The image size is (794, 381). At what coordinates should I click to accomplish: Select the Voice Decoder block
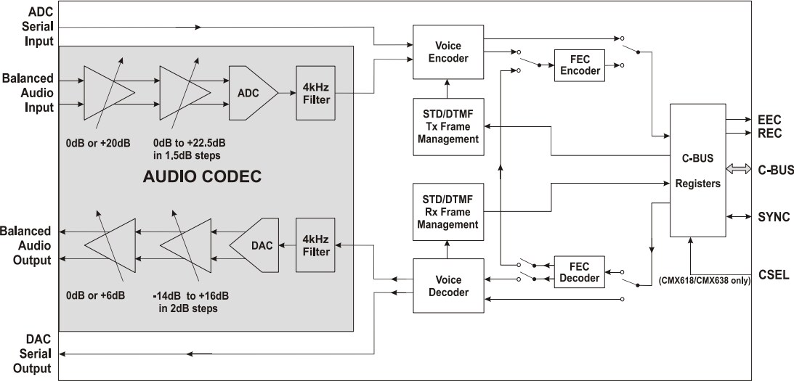pyautogui.click(x=447, y=285)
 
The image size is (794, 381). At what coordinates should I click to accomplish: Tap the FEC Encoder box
pyautogui.click(x=580, y=64)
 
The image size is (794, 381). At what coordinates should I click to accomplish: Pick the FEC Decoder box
pyautogui.click(x=580, y=271)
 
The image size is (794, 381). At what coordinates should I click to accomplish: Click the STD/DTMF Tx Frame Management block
pyautogui.click(x=447, y=126)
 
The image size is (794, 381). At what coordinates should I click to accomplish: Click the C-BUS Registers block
pyautogui.click(x=696, y=170)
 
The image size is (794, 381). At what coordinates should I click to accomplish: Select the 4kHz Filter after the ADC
pyautogui.click(x=314, y=94)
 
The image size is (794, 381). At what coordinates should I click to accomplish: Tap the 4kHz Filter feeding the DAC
pyautogui.click(x=314, y=245)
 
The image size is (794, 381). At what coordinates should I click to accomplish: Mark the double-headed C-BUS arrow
pyautogui.click(x=738, y=170)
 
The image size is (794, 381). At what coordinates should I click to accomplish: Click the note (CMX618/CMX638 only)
pyautogui.click(x=704, y=280)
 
